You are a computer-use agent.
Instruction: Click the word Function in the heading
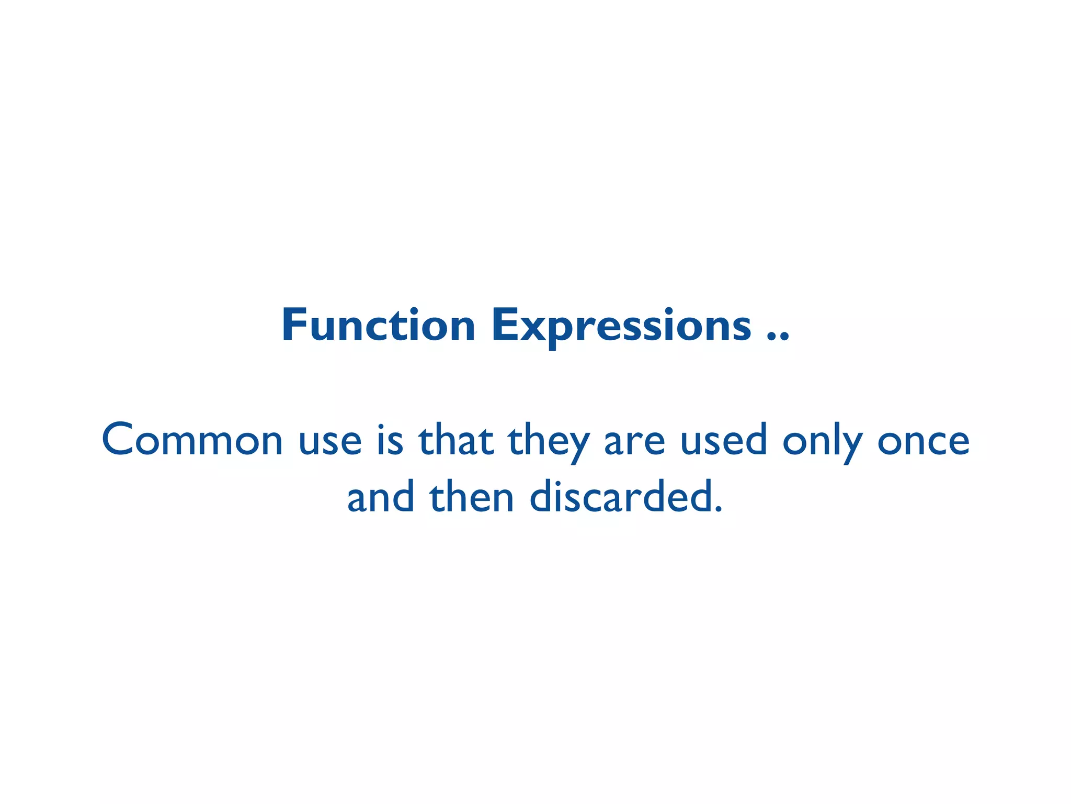click(x=378, y=326)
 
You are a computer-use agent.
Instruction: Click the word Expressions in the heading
click(x=621, y=326)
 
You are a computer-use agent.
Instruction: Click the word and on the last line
click(x=381, y=497)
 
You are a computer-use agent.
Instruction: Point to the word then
click(x=472, y=497)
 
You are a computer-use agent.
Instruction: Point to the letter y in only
click(x=852, y=446)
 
